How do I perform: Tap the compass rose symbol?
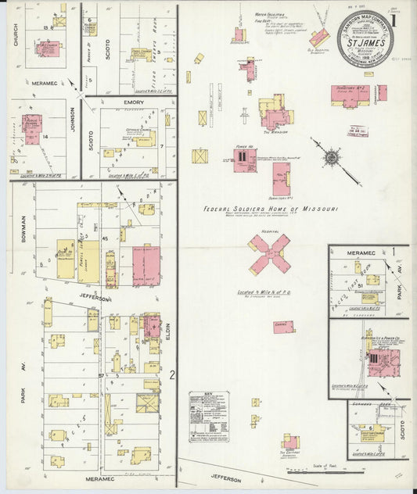click(x=332, y=157)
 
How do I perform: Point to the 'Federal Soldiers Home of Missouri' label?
click(x=270, y=209)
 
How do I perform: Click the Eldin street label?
click(x=167, y=331)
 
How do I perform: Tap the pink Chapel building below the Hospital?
click(x=282, y=327)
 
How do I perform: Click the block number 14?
click(x=46, y=138)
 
